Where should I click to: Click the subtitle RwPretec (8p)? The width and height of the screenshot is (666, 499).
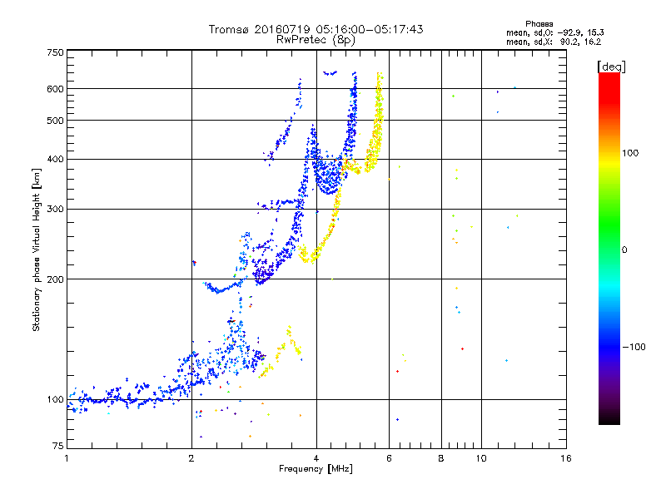point(316,40)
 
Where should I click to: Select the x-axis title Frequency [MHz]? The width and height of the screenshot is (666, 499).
point(316,468)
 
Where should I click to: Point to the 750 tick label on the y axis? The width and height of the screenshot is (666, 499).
point(55,52)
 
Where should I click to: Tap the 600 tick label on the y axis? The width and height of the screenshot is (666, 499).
point(55,89)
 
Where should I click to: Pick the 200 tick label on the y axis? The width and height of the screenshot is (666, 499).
point(55,279)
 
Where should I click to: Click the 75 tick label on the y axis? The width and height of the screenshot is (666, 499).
point(58,446)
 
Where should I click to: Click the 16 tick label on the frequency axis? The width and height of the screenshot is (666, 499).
point(566,458)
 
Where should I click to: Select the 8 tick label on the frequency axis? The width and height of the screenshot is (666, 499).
point(441,458)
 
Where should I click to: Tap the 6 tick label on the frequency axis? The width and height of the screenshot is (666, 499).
point(389,458)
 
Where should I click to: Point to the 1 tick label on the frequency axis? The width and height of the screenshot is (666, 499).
point(67,458)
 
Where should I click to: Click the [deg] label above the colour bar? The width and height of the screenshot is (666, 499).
point(611,67)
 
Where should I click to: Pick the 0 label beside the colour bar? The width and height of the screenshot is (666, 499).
point(624,250)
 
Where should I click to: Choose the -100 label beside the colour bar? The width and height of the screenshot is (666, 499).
point(634,347)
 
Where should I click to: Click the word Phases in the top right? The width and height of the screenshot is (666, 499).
point(539,24)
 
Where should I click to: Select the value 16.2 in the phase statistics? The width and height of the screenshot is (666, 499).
point(592,42)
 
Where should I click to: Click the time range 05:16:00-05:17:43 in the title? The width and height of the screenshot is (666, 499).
point(370,29)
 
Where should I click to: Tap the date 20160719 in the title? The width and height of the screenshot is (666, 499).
point(282,29)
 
